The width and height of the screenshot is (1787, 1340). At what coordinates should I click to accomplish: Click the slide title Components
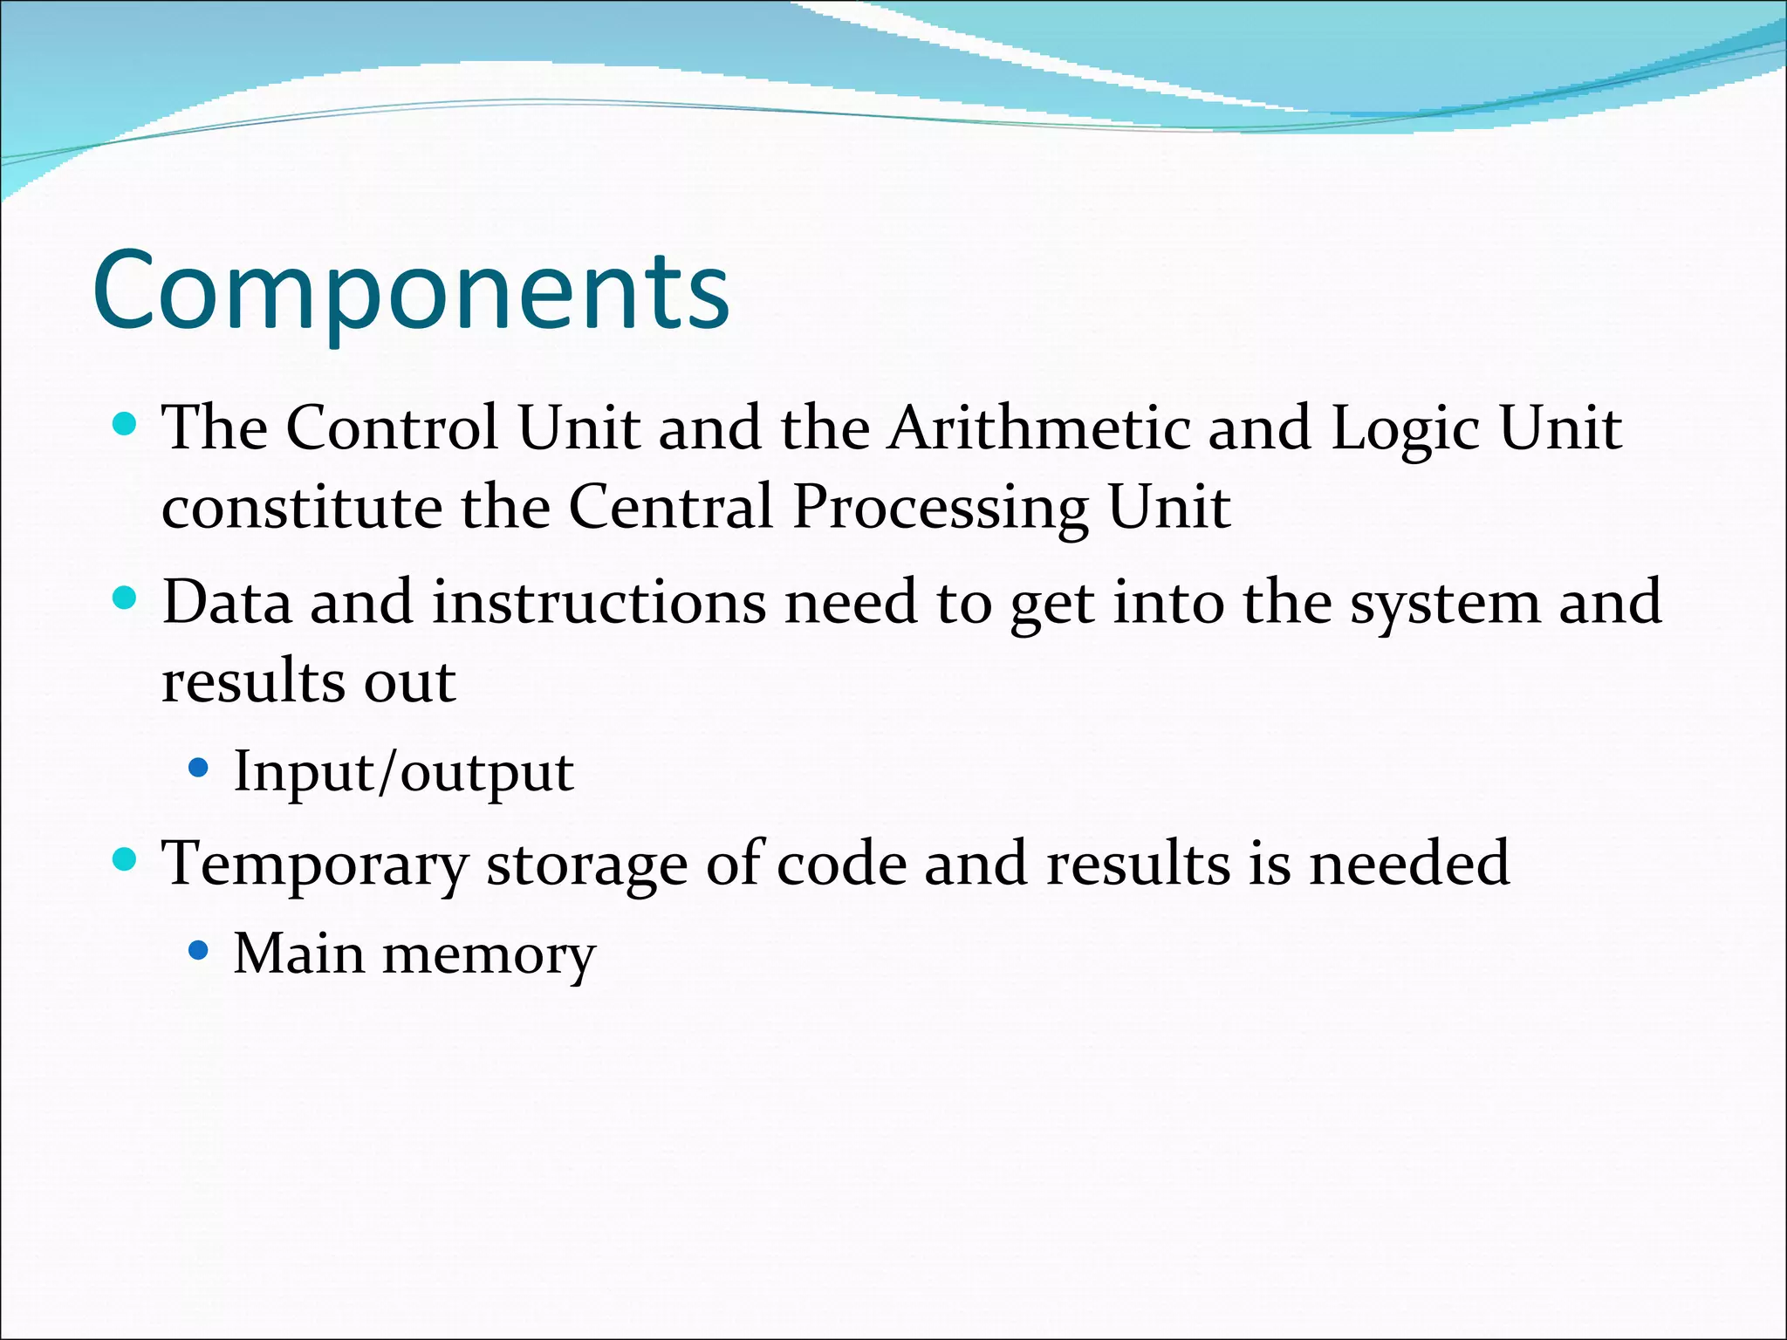(410, 292)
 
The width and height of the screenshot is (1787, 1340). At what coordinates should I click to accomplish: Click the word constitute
(301, 509)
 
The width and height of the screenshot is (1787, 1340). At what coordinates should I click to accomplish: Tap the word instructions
(599, 603)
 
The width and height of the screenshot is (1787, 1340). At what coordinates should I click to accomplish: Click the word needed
(1409, 865)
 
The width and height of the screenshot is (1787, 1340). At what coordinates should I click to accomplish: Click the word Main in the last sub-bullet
(298, 954)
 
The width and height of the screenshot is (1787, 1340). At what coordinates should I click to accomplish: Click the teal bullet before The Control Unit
(126, 425)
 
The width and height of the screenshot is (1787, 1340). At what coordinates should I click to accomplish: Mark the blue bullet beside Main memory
(199, 950)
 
